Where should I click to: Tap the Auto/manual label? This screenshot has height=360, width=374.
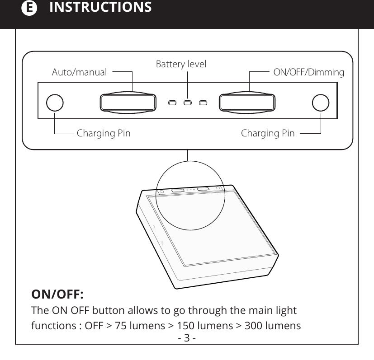point(79,72)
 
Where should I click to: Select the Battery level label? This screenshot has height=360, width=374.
point(181,64)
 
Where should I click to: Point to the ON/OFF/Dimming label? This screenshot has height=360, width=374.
point(309,72)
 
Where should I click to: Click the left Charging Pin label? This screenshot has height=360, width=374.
point(104,133)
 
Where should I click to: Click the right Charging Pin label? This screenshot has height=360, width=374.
point(268,133)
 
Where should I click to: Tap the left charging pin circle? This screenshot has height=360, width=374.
point(54,103)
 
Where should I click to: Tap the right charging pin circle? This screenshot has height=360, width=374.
point(320,103)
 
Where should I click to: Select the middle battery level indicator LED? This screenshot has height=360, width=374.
point(187,103)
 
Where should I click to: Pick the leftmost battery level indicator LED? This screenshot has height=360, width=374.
point(172,103)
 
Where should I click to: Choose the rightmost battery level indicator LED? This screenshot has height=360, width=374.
point(203,103)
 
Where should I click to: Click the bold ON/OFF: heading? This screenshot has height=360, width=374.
point(57,295)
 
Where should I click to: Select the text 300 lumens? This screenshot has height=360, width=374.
point(272,325)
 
